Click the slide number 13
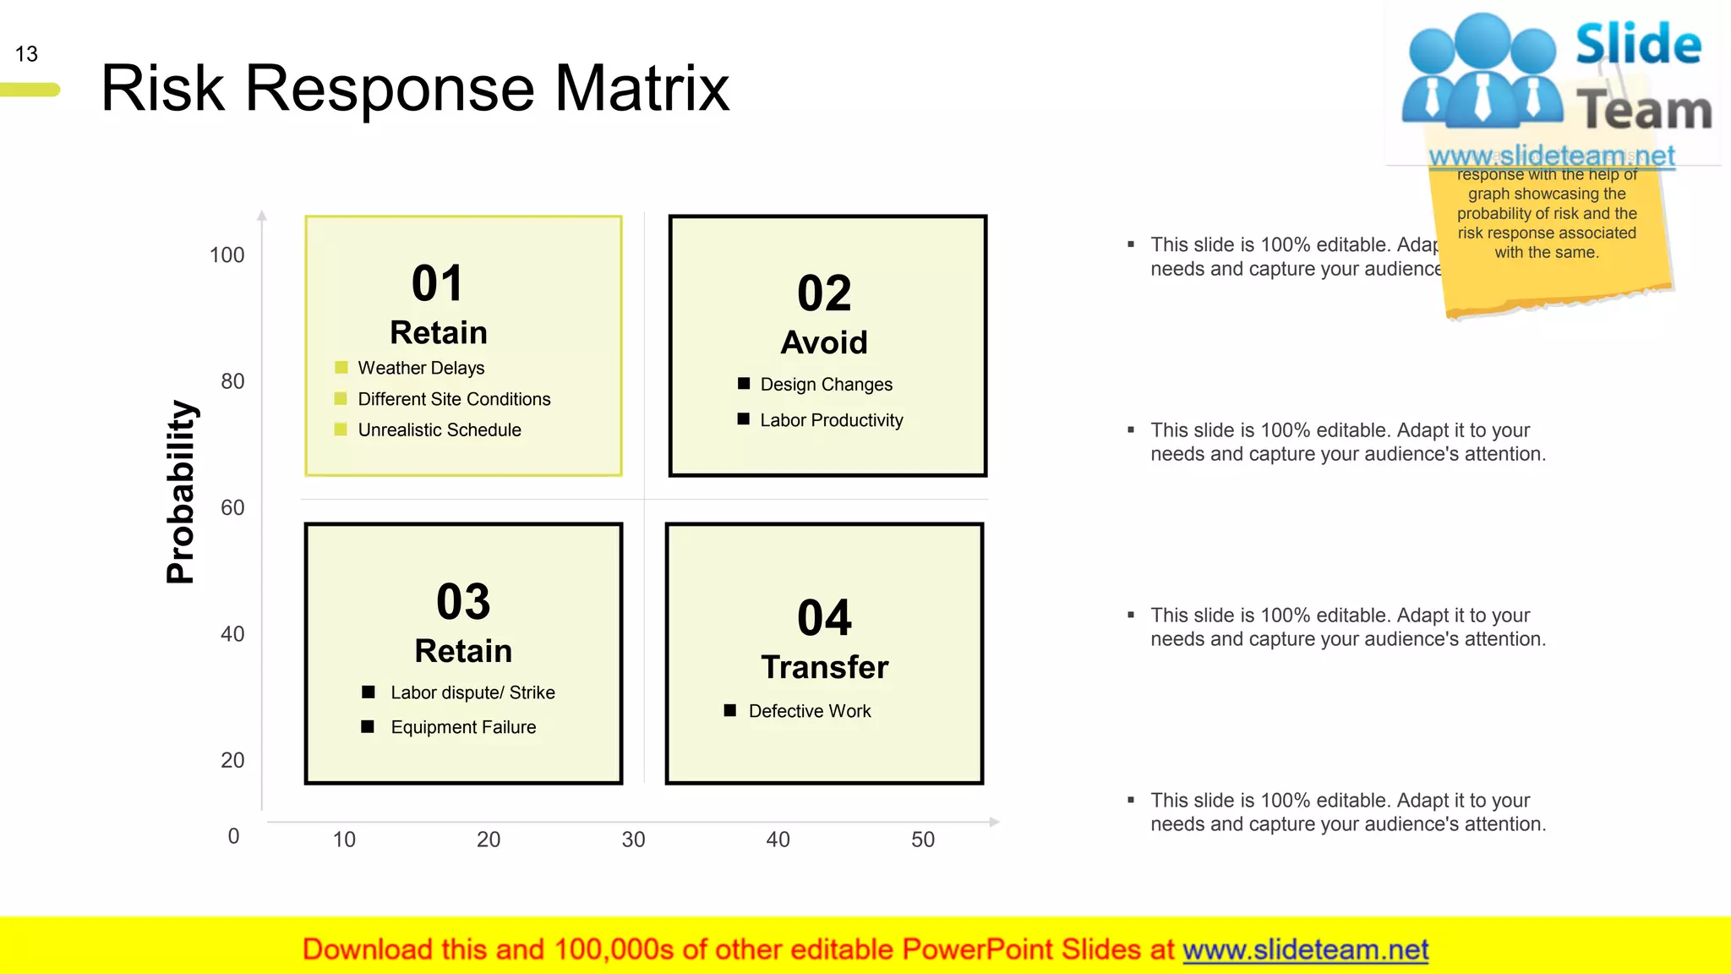26,54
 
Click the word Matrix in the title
642,89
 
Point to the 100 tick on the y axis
227,255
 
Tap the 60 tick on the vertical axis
232,508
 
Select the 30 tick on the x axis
633,840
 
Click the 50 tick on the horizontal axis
922,840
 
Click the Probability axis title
181,492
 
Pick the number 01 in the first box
437,283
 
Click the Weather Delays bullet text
421,368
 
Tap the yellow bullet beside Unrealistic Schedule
341,430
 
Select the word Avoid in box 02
824,342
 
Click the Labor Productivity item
831,420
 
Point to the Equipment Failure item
463,727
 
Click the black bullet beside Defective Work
730,710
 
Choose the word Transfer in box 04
824,667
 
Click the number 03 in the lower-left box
463,602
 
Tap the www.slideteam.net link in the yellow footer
1305,949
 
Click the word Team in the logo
1643,111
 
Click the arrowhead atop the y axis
262,216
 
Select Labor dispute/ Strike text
472,692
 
